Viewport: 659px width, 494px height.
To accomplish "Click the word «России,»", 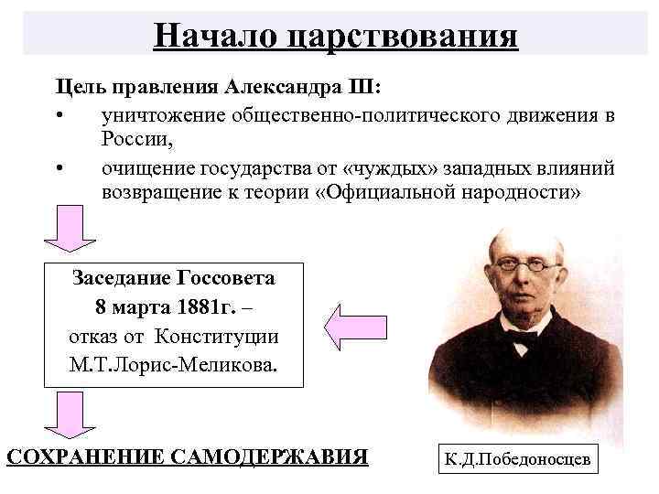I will [137, 142].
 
